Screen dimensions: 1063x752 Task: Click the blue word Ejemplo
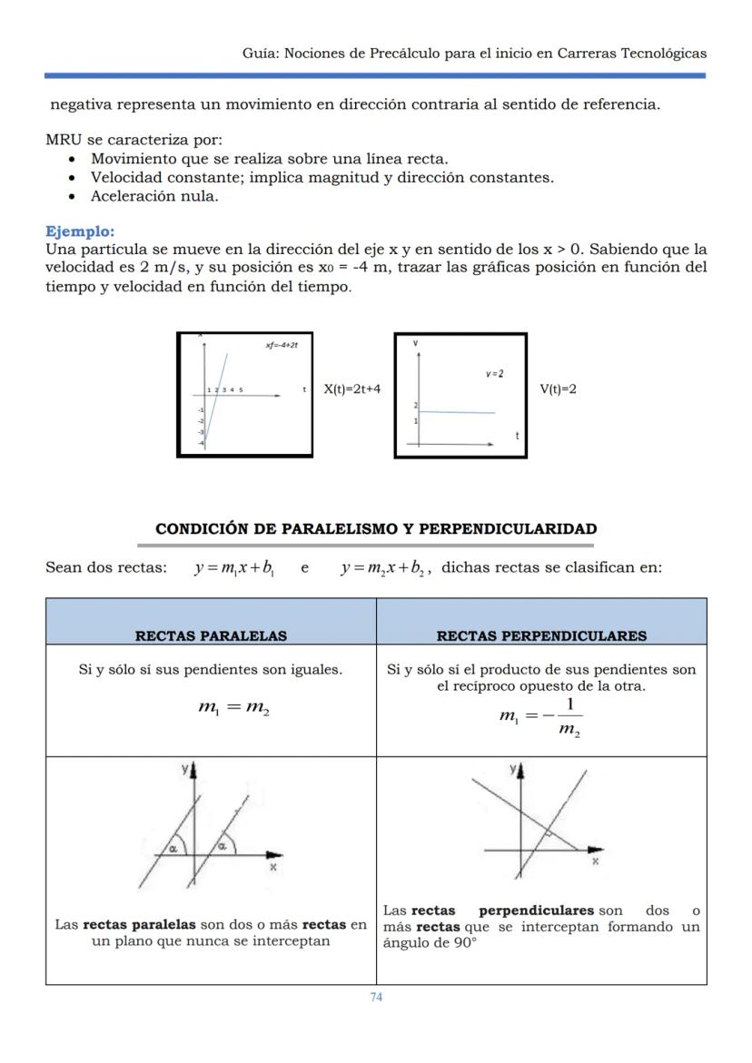[x=80, y=231]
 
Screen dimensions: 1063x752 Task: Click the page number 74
[x=376, y=997]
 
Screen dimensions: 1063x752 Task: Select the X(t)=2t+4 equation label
[x=352, y=389]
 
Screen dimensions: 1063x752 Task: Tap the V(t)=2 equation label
[x=558, y=389]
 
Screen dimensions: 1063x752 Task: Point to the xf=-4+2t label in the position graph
[x=282, y=346]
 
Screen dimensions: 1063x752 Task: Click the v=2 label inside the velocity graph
[x=494, y=374]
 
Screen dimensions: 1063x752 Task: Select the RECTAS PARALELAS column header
[x=211, y=635]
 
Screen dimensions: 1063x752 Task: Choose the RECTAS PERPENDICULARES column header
[x=541, y=635]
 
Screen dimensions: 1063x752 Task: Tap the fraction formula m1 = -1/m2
[x=541, y=716]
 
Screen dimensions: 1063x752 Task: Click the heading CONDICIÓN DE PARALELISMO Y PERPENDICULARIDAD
[x=376, y=528]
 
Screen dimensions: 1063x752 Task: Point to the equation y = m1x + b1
[x=235, y=568]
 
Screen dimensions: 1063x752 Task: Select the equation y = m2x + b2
[x=382, y=568]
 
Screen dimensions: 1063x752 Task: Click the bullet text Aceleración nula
[x=154, y=196]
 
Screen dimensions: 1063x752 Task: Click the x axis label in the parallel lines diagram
[x=272, y=867]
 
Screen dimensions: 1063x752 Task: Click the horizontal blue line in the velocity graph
[x=457, y=412]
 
